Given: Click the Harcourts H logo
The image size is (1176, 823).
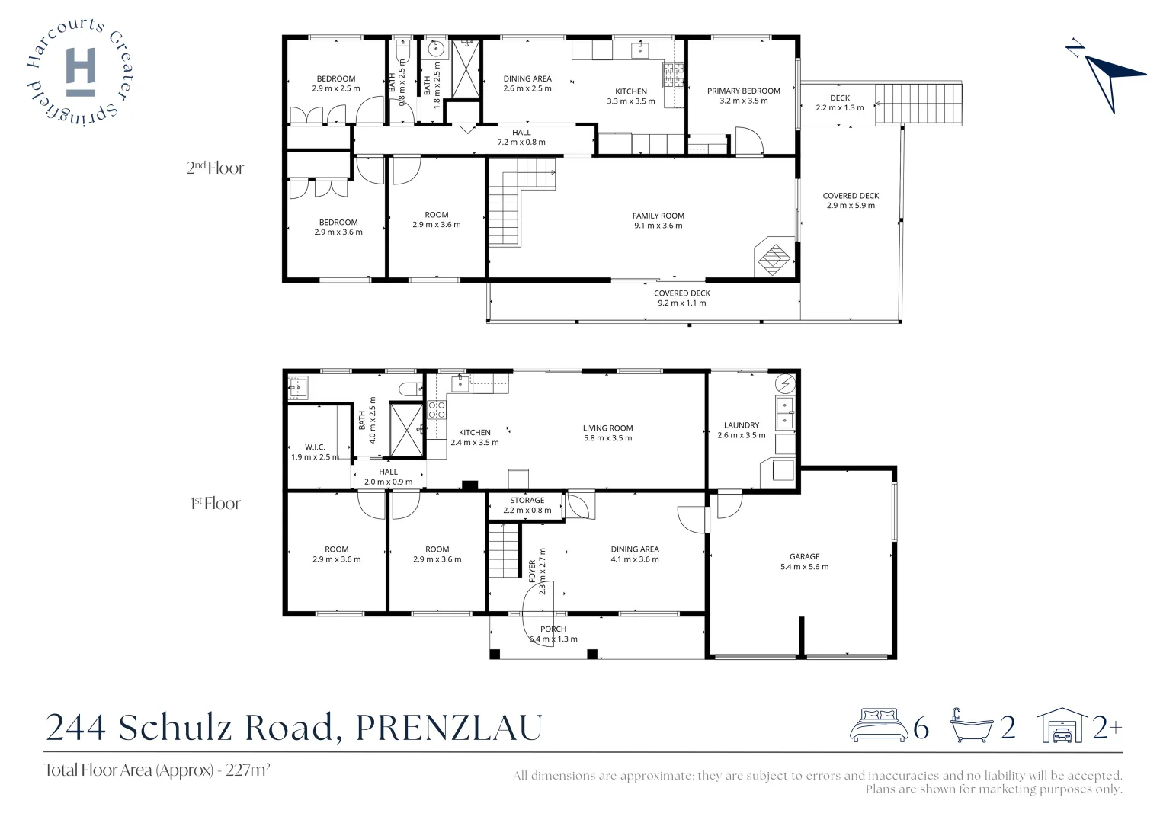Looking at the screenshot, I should point(81,72).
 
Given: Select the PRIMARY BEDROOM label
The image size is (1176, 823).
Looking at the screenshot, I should point(743,91).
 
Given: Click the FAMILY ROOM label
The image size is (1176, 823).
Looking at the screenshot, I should point(658,216).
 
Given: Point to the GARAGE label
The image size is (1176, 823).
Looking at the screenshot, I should point(804,556).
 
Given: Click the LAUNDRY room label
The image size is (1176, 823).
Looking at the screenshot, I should point(741,425).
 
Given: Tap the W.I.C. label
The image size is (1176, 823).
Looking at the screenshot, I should point(315,447).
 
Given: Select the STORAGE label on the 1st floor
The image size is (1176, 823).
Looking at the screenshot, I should point(527,501).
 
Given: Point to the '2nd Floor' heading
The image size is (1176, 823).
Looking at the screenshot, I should point(215,168).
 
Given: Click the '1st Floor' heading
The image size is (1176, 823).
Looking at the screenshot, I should point(215,503).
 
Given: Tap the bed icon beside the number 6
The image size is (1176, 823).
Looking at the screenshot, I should point(878,725).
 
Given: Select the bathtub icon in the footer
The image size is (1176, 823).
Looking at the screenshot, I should point(970,725).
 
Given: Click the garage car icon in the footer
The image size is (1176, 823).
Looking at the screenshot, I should point(1062,725).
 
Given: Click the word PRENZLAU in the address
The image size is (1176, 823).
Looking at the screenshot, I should point(449,727).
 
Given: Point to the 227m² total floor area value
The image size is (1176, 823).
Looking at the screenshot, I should point(248,770).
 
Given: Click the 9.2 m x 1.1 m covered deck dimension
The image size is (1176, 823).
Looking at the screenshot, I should point(681,303).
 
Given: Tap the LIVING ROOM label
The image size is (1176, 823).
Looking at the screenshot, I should point(607,428).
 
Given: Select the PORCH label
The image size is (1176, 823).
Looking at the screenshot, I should point(553,629).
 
